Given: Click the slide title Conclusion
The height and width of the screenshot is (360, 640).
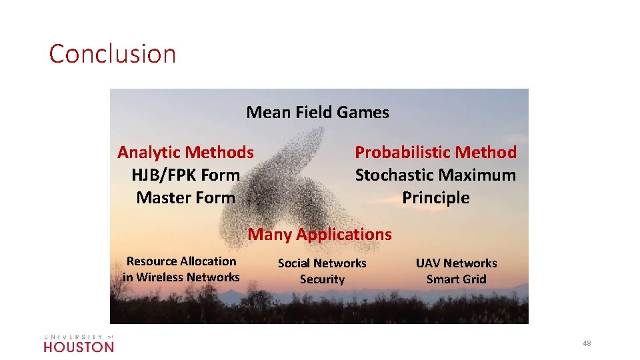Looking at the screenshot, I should (112, 53).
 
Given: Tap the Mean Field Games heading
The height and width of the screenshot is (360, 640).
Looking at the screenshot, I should (317, 112).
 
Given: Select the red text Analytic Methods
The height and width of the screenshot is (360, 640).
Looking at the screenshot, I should (185, 152).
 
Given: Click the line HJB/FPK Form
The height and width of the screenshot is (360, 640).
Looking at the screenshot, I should (185, 175).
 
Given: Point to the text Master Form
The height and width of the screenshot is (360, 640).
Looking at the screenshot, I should (185, 197).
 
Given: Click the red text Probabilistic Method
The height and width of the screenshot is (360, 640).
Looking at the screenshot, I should (435, 152).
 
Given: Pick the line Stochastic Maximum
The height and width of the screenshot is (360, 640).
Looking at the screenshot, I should (435, 175).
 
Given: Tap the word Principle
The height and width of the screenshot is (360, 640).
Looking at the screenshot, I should (435, 197).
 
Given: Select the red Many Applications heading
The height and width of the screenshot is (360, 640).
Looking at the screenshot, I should (320, 234).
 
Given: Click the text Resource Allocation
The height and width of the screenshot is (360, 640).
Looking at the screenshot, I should (181, 261).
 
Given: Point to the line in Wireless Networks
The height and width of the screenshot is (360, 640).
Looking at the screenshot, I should (181, 277).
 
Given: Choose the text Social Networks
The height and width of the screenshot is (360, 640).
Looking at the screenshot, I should (322, 263).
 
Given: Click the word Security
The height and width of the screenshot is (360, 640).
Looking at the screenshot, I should (322, 279).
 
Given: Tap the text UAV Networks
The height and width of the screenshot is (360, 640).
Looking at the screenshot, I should (456, 263).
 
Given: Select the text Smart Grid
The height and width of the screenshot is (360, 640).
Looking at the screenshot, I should (456, 279).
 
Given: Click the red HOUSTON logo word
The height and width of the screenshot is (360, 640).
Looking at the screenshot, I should (79, 347).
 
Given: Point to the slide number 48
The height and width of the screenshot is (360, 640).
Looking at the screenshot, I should (587, 343).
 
